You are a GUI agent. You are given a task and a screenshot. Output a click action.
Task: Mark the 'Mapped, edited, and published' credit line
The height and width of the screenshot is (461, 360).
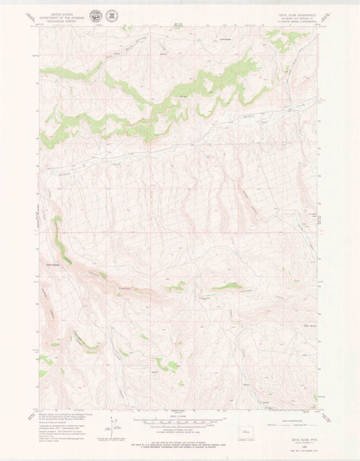[x=61, y=416]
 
